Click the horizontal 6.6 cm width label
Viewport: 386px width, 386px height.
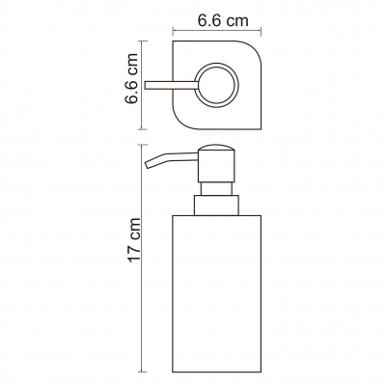(x=223, y=20)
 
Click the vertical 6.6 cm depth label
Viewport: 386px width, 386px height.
(x=131, y=78)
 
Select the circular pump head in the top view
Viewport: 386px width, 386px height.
(x=216, y=85)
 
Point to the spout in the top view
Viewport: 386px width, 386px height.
(x=171, y=85)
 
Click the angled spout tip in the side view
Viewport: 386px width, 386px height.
(x=149, y=164)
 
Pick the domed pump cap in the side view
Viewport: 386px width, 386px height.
(x=216, y=148)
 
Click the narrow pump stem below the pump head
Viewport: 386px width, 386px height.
(x=216, y=188)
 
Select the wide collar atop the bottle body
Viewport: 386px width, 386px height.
(x=216, y=206)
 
